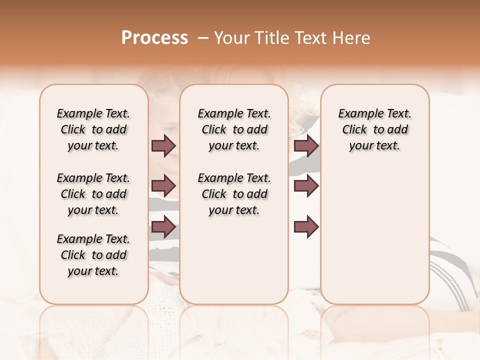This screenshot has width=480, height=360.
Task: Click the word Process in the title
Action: click(x=154, y=38)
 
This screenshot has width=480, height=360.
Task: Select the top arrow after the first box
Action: click(x=163, y=145)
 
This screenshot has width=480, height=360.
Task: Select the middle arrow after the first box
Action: click(x=163, y=186)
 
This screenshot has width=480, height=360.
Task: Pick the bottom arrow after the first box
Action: click(x=163, y=227)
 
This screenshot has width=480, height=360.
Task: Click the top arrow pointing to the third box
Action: click(x=306, y=145)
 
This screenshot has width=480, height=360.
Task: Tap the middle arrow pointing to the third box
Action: click(x=306, y=186)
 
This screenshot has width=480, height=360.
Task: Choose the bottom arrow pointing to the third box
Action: click(x=306, y=227)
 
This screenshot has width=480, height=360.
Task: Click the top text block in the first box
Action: click(x=93, y=129)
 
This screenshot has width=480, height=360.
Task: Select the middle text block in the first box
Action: click(x=93, y=194)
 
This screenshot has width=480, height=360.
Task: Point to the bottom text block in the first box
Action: click(x=93, y=255)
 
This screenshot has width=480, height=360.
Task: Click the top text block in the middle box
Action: click(x=234, y=129)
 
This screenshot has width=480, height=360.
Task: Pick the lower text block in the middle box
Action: click(x=234, y=194)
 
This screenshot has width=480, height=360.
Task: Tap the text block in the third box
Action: click(x=374, y=129)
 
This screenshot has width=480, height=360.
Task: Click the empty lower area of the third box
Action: click(x=374, y=235)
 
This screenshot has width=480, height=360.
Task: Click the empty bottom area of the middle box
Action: click(x=234, y=265)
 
